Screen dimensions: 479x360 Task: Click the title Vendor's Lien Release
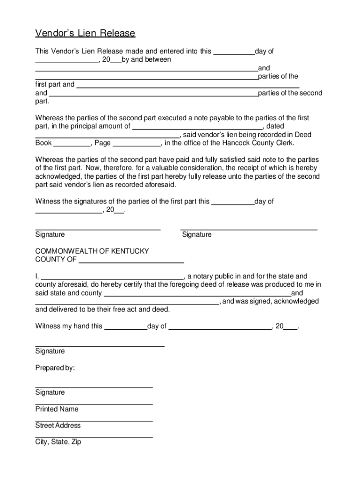(85, 33)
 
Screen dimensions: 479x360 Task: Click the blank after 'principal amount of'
(198, 126)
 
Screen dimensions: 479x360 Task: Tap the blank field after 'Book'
(72, 143)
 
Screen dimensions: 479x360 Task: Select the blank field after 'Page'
(137, 143)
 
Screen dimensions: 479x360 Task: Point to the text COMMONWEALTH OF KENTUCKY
(92, 251)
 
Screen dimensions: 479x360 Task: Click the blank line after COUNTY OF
(131, 260)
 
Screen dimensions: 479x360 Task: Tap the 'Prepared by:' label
(55, 368)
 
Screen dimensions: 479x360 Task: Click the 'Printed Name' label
(57, 409)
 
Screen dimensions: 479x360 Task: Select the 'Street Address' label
(58, 426)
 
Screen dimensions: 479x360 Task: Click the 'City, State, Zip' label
(58, 442)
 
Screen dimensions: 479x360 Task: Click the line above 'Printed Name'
(94, 404)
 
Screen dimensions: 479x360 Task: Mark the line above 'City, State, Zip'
(94, 437)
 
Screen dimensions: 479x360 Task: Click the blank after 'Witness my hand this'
(125, 327)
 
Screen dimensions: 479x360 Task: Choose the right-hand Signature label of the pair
(197, 235)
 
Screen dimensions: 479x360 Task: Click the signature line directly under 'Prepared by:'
(94, 387)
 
